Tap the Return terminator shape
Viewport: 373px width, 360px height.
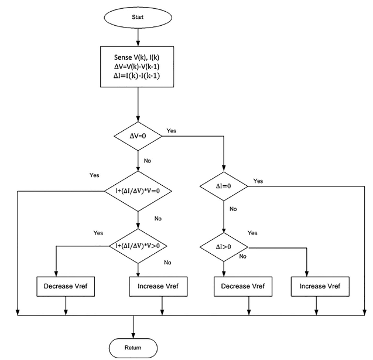tap(134, 347)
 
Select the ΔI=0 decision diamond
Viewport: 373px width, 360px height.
tap(224, 186)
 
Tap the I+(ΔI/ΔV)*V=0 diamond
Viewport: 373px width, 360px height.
tap(138, 191)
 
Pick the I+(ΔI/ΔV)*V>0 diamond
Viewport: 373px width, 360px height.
tap(138, 246)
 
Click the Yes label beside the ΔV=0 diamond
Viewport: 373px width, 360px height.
tap(172, 130)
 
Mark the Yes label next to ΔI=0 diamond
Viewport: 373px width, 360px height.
tap(258, 181)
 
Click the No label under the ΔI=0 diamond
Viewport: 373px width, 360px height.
tap(233, 208)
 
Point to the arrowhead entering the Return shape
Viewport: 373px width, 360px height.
tap(134, 334)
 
